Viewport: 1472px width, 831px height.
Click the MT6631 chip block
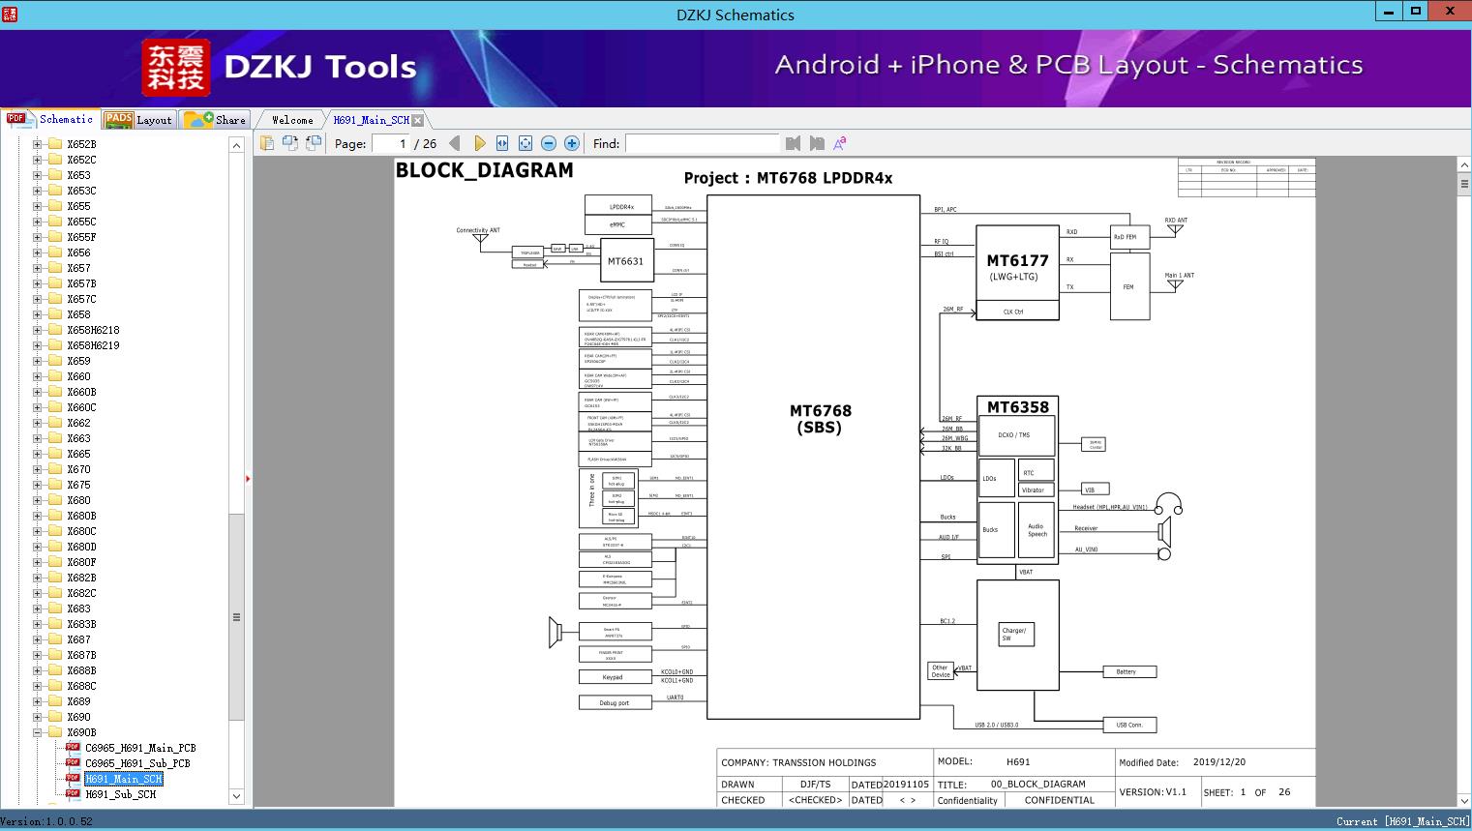click(625, 261)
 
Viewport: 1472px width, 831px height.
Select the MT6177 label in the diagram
click(1017, 260)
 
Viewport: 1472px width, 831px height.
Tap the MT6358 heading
click(1017, 407)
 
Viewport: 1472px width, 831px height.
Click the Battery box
click(1128, 671)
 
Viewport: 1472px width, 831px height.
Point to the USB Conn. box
click(1129, 725)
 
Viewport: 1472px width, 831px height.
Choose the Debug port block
click(615, 703)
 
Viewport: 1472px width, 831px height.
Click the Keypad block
click(615, 677)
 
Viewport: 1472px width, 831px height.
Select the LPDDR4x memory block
click(620, 206)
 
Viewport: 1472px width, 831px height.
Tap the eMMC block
click(617, 224)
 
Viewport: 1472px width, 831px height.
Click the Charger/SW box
click(1015, 635)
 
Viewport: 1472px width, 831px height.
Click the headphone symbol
click(1169, 503)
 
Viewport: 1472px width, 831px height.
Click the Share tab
click(219, 120)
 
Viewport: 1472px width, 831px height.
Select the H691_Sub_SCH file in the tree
click(120, 794)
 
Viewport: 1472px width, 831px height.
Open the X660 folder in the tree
click(78, 376)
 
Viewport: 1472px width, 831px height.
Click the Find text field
click(702, 143)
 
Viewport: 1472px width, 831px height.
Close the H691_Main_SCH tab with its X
click(417, 120)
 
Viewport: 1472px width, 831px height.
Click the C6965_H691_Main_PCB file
click(140, 748)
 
